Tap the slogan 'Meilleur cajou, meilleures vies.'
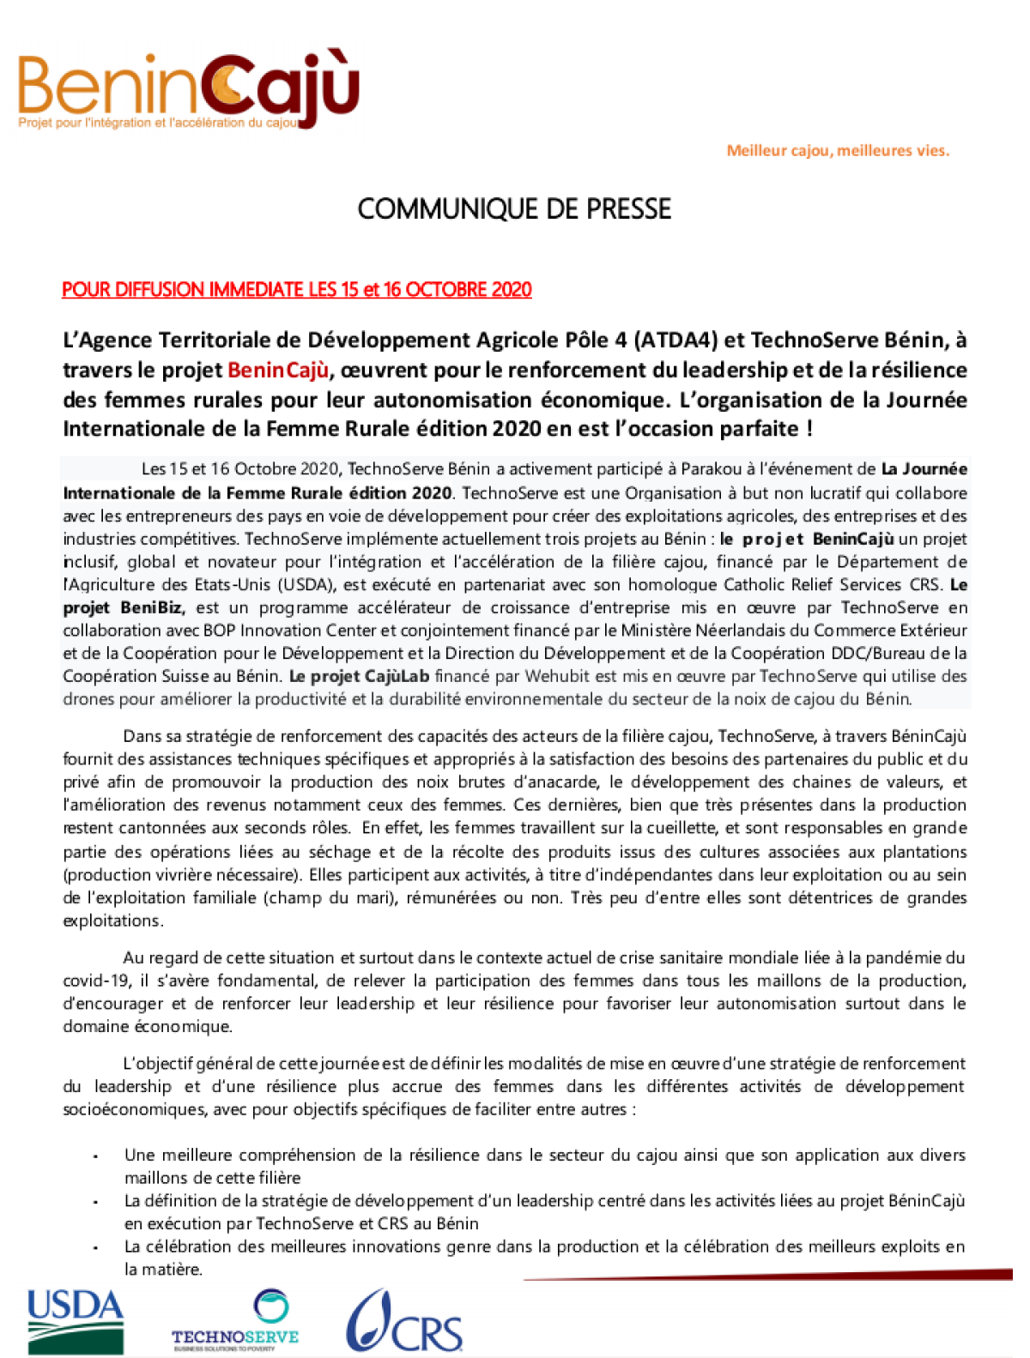click(x=838, y=151)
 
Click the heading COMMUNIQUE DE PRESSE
click(x=514, y=209)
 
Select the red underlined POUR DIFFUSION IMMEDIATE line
click(x=296, y=290)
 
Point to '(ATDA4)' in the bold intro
click(x=676, y=341)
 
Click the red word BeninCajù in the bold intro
click(x=278, y=371)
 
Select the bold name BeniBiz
click(x=151, y=608)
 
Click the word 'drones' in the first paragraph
click(x=88, y=699)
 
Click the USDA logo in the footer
click(x=76, y=1320)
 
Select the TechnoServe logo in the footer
click(x=235, y=1321)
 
